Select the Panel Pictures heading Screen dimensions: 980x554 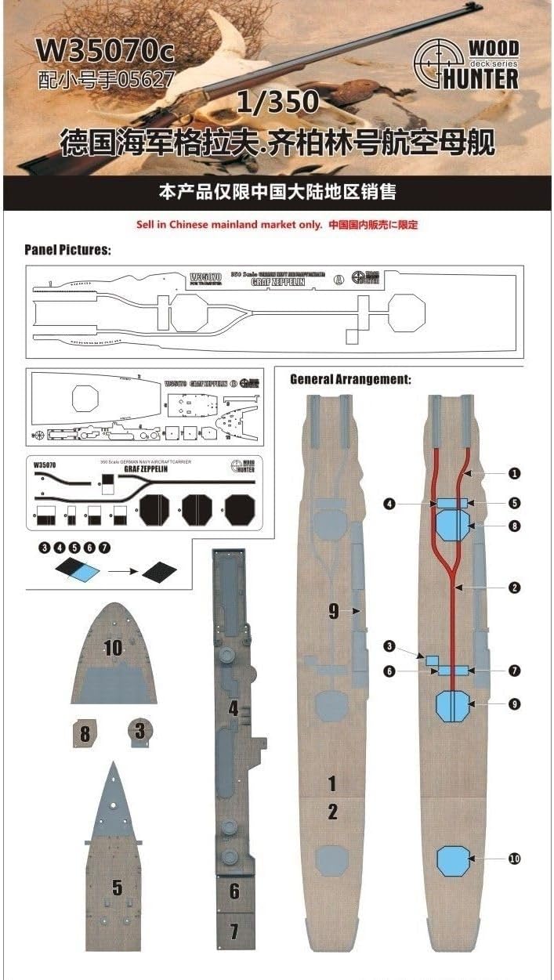(67, 250)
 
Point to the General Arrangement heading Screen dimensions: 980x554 (350, 379)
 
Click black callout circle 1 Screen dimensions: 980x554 (514, 474)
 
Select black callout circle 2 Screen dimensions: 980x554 (514, 587)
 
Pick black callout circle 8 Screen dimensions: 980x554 (514, 526)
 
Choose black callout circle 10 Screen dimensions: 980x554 (514, 859)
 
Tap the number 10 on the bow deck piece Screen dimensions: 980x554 (114, 647)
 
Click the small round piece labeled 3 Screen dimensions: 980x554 (139, 732)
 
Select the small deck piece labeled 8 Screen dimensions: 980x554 (84, 734)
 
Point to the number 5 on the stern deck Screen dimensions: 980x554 (117, 887)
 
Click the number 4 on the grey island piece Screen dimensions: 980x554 (233, 709)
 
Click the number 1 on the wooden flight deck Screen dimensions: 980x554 (332, 783)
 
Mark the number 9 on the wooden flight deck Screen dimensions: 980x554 (334, 612)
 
